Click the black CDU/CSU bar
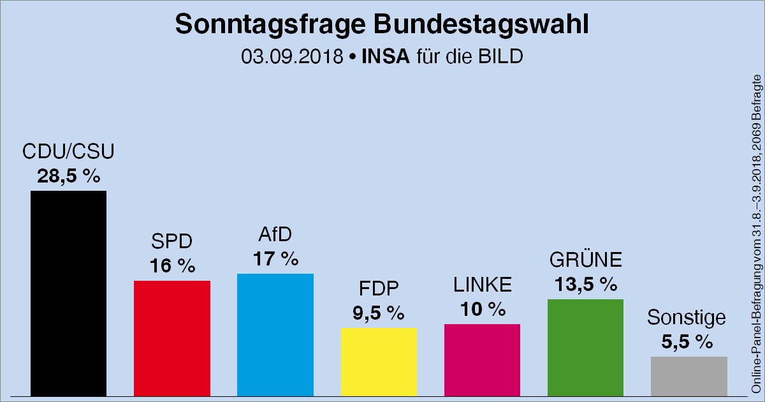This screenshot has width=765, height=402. click(68, 294)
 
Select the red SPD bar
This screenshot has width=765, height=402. click(172, 338)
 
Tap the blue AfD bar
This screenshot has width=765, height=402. click(275, 335)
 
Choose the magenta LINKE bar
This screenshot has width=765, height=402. click(482, 360)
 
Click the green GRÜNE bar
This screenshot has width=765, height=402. click(585, 348)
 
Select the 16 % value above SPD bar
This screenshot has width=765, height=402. click(172, 265)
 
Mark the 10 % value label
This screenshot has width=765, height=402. click(482, 309)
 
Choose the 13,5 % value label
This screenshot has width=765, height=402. click(585, 284)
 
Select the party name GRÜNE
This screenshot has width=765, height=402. click(585, 260)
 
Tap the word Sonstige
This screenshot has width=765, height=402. click(686, 317)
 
